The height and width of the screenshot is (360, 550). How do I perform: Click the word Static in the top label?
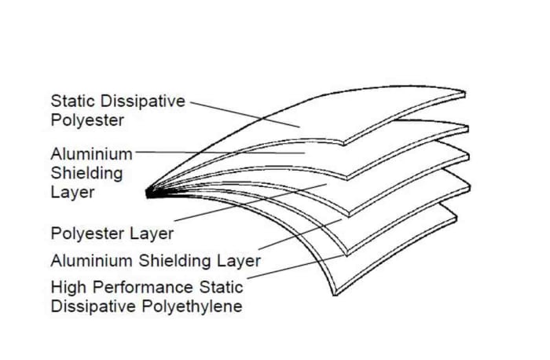click(73, 101)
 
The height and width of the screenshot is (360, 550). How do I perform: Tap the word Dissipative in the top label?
click(142, 101)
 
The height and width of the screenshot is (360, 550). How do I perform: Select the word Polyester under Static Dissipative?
click(87, 120)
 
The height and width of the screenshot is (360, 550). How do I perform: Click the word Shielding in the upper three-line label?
click(86, 174)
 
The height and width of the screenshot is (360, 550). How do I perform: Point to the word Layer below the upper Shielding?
click(72, 193)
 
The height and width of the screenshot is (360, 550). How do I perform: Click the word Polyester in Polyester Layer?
click(87, 233)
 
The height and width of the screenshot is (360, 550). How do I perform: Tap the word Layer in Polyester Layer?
click(152, 233)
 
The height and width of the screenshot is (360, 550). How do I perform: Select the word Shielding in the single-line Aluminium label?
click(174, 261)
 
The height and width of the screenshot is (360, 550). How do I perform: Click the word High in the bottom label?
click(68, 288)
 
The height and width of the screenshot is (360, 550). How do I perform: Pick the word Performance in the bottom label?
click(143, 288)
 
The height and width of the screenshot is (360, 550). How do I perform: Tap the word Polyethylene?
click(192, 307)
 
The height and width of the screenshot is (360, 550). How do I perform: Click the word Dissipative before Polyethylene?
click(93, 307)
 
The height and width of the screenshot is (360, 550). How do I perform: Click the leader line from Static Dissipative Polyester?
click(245, 115)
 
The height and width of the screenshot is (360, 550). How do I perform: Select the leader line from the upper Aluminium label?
click(220, 152)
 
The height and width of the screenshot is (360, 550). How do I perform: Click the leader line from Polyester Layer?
click(251, 203)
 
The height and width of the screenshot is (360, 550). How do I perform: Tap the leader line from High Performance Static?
click(295, 267)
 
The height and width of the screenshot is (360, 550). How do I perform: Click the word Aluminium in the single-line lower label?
click(92, 261)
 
